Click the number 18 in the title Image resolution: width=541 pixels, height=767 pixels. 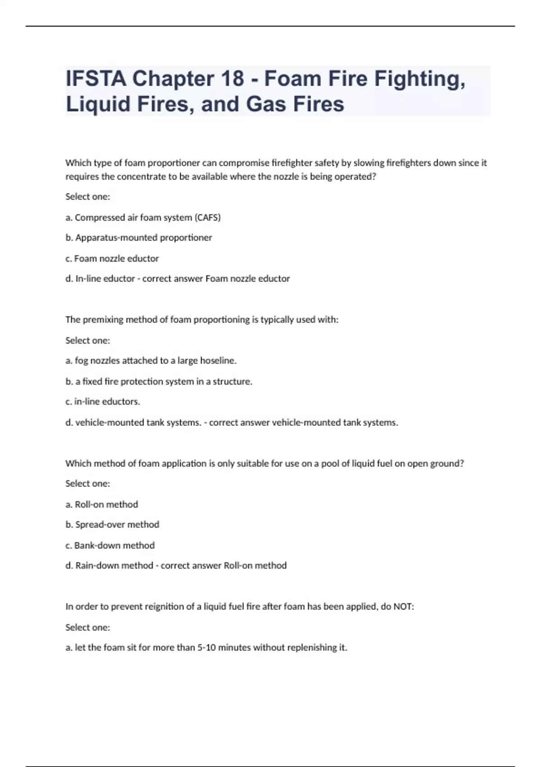click(x=232, y=79)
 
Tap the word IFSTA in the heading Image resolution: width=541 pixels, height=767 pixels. click(x=96, y=79)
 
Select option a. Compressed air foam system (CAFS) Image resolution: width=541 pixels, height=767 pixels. click(x=143, y=217)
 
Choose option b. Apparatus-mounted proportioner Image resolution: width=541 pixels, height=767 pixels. click(x=138, y=237)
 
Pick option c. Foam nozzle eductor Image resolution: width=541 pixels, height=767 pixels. click(x=112, y=259)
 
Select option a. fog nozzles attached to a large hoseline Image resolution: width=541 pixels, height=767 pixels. click(x=151, y=360)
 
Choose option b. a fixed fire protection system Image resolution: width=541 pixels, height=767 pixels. click(x=159, y=381)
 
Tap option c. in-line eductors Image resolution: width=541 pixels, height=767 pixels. click(x=102, y=401)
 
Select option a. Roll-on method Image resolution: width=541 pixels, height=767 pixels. click(x=101, y=504)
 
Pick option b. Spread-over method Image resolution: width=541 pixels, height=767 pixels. click(x=112, y=524)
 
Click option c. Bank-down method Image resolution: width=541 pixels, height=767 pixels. click(x=110, y=545)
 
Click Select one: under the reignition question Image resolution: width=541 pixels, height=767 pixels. click(x=87, y=627)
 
